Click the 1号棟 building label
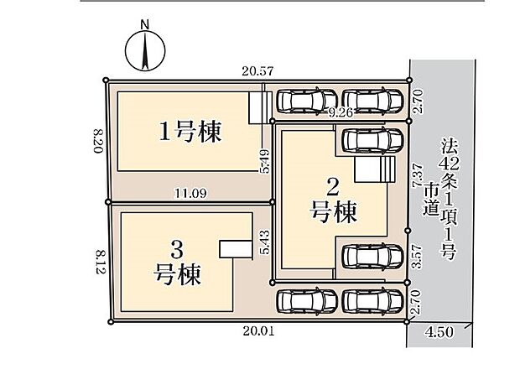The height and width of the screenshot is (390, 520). pos(191,132)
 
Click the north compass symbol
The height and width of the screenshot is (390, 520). pos(144,49)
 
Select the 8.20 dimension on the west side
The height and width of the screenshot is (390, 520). pos(97,141)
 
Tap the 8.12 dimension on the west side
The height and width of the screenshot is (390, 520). pos(99,260)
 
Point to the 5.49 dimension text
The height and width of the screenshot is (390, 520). pos(265,160)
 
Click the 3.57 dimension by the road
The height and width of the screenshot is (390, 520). pos(417,254)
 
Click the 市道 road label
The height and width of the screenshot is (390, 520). pos(432,202)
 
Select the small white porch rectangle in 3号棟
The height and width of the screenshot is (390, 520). pos(236,250)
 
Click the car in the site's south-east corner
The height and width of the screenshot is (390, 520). pos(372,300)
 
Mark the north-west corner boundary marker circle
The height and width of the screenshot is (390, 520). pos(106,81)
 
